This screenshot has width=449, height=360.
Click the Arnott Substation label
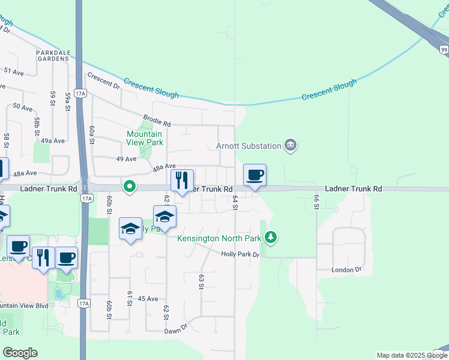(x=249, y=146)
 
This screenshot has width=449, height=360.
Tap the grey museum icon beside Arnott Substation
(x=291, y=145)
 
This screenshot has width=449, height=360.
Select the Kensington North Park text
(x=219, y=238)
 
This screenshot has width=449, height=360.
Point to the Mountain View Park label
(x=145, y=139)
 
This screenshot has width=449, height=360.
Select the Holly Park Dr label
(x=240, y=254)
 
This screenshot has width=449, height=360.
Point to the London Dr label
(x=347, y=270)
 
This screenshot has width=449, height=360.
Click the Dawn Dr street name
(x=176, y=329)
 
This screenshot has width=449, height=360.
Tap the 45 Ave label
(x=148, y=298)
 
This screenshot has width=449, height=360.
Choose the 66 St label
(x=316, y=202)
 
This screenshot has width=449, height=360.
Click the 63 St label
(x=201, y=281)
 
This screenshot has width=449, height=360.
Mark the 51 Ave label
(x=13, y=71)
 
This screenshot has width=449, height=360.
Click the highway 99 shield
(x=443, y=50)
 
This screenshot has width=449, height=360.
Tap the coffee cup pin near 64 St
(x=255, y=175)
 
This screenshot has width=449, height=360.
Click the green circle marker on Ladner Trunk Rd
(x=129, y=187)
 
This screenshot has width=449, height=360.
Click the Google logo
(x=20, y=353)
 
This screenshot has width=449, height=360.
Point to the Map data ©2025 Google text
(x=411, y=355)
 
